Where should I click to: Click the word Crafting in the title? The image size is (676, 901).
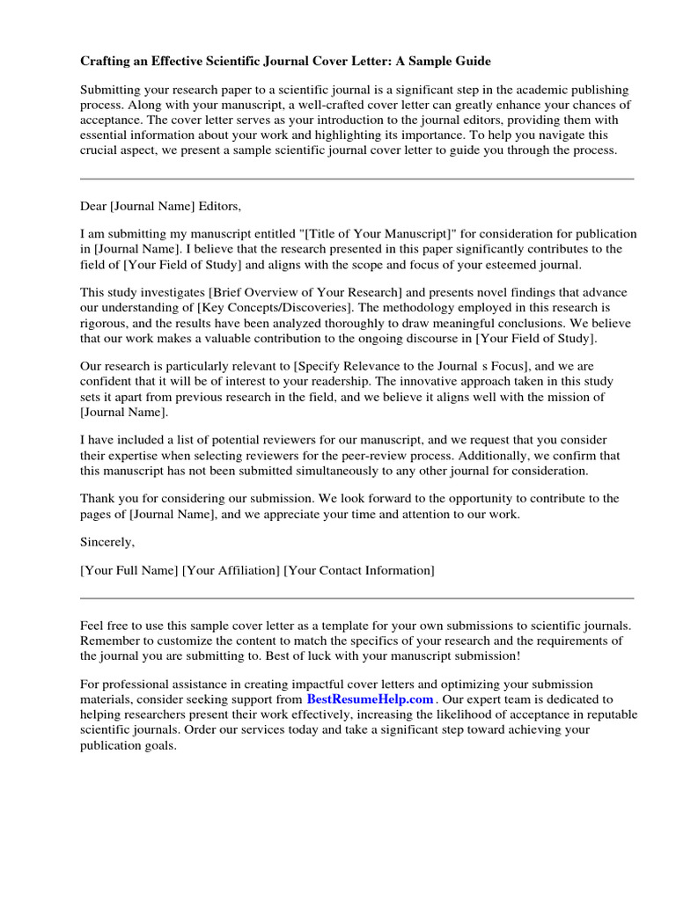(107, 62)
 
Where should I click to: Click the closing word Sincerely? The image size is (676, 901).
(107, 541)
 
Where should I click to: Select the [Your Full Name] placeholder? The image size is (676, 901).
(129, 570)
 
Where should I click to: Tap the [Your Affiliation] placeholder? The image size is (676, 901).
(231, 570)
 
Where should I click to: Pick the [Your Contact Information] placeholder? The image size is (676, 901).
(359, 570)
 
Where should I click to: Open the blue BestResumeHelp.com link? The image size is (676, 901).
(370, 700)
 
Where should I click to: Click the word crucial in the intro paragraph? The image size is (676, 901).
(100, 150)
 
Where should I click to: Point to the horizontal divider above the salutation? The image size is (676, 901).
(356, 179)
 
